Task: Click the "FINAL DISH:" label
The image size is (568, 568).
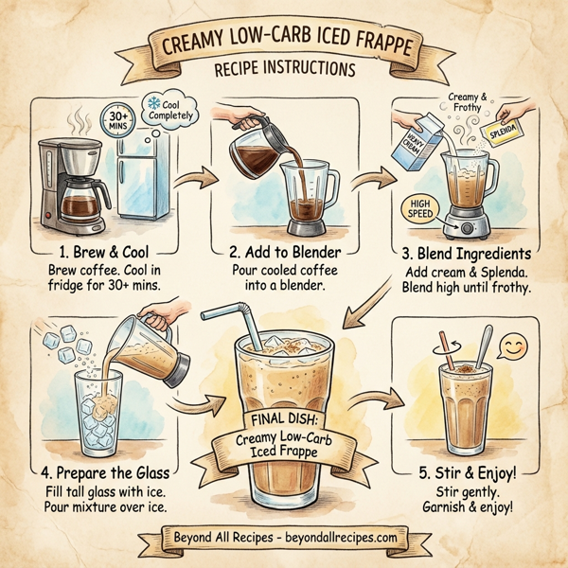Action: (284, 418)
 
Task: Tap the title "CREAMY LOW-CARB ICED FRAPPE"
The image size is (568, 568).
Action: (284, 44)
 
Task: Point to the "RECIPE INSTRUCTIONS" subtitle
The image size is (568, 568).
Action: (285, 71)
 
